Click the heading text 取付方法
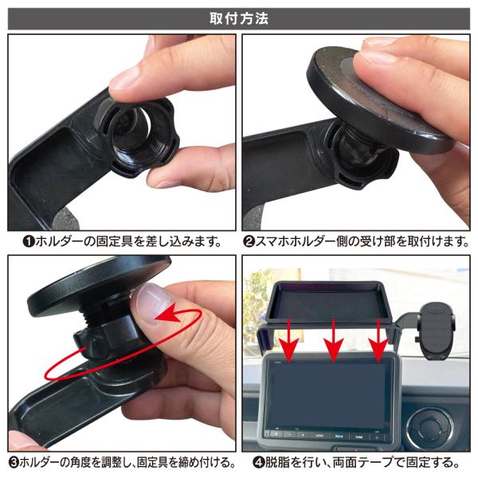tap(239, 18)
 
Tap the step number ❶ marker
tap(29, 242)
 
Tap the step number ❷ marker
tap(249, 242)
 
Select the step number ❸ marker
tap(14, 463)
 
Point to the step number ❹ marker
tap(258, 463)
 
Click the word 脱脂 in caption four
tap(276, 463)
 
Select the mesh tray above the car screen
tap(328, 303)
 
